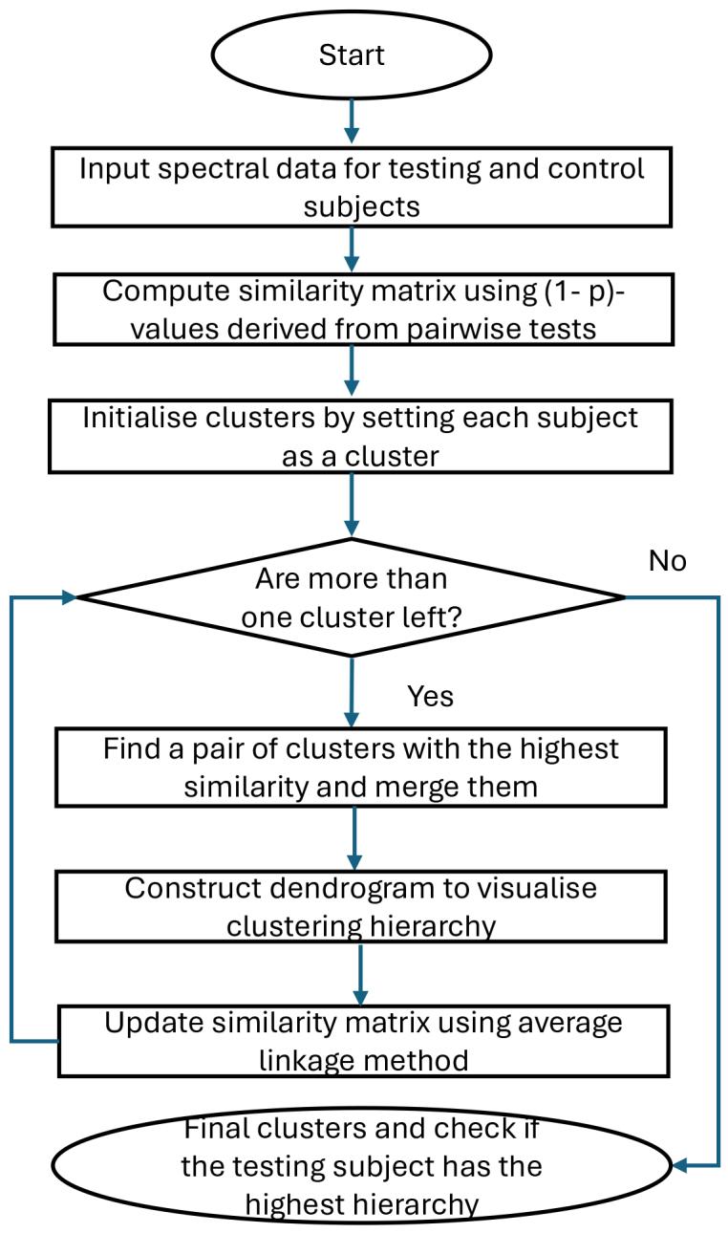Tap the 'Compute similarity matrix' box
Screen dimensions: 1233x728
(x=352, y=308)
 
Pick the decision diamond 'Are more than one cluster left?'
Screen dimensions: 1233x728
(x=352, y=597)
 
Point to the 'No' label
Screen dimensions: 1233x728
(x=667, y=561)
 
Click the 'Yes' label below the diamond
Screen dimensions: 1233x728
(x=430, y=696)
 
